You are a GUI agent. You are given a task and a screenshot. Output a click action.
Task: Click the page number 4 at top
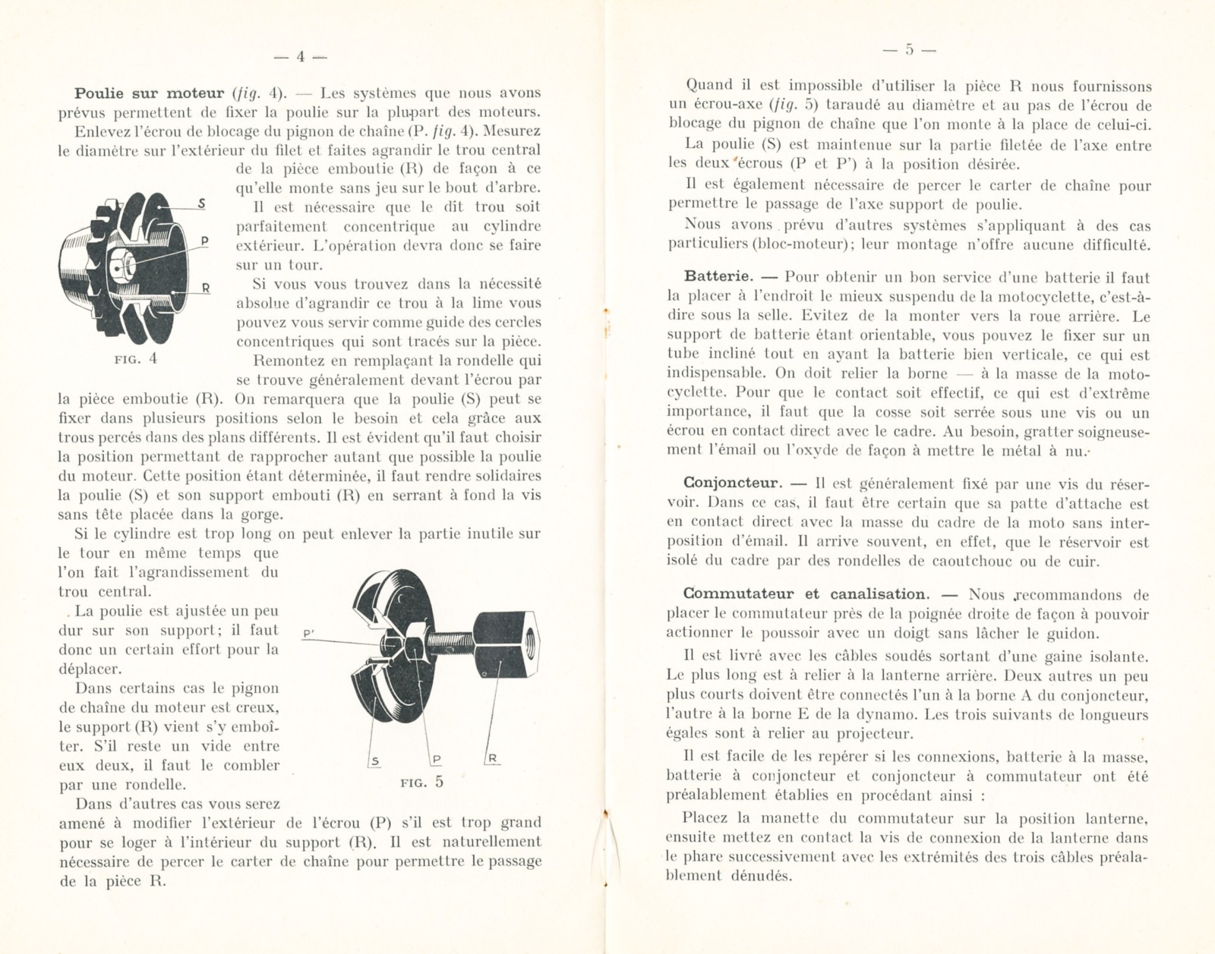click(300, 57)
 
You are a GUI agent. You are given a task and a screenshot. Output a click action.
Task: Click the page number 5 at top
click(910, 51)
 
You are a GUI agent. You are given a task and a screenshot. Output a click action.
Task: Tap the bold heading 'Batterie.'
click(718, 278)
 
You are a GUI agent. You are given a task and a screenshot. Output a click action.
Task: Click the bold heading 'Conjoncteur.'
click(732, 483)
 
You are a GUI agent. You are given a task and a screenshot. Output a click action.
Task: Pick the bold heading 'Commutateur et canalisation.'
click(804, 594)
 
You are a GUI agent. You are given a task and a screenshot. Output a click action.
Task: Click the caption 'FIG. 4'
click(136, 359)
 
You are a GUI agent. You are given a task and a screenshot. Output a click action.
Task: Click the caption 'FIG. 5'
click(422, 782)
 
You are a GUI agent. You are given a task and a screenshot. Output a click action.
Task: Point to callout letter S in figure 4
click(201, 203)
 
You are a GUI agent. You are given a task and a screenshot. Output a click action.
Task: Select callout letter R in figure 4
click(205, 288)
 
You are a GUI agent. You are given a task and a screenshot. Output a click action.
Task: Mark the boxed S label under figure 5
click(375, 760)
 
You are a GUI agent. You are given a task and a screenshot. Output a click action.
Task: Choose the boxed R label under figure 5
click(491, 758)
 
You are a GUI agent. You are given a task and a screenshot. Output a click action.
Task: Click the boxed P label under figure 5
click(436, 759)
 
